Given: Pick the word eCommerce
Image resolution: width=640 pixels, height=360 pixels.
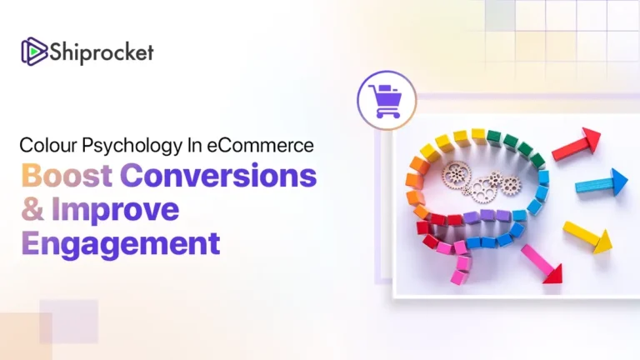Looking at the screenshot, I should coord(261,145).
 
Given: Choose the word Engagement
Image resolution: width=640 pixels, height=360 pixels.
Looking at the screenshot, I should coord(121,244).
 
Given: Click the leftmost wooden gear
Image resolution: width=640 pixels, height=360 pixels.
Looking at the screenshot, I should coord(456,174).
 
